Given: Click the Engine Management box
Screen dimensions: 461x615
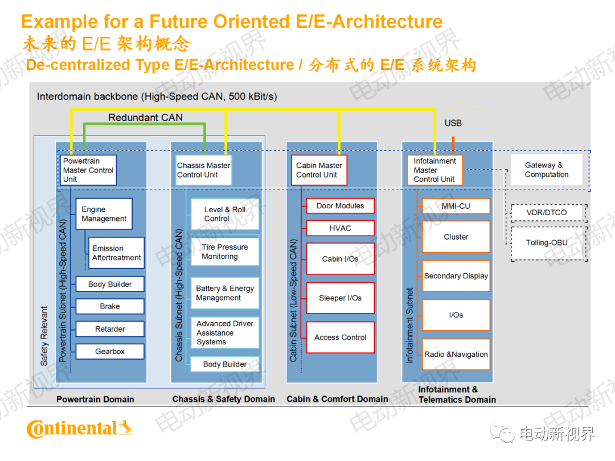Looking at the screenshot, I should [104, 214].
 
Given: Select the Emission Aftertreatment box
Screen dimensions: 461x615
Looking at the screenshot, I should [116, 253].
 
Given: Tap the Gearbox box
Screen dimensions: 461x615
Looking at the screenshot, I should [110, 352].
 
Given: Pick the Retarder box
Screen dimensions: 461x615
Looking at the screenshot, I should [110, 329].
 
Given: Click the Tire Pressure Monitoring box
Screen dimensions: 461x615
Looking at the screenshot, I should [224, 252].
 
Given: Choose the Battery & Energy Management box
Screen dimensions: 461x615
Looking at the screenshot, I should [224, 293].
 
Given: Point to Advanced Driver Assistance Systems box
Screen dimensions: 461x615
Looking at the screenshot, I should [224, 333].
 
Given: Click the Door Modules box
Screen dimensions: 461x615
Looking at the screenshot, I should [341, 206].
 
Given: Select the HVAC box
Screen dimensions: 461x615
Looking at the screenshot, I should [341, 228].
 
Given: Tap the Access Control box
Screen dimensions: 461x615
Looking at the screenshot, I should [341, 337].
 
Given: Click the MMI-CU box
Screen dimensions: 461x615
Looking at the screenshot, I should [456, 206].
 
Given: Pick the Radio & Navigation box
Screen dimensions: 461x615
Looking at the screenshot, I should [456, 355].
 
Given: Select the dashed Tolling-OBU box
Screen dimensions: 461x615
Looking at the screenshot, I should [547, 243].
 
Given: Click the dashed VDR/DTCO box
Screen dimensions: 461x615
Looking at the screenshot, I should [547, 213].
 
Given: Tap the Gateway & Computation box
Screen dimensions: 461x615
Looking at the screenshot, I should [547, 170].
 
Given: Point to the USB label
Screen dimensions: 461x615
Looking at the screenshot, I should [453, 123].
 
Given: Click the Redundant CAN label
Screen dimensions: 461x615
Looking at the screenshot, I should [146, 118].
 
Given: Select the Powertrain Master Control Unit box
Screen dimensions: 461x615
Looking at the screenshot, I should [88, 170].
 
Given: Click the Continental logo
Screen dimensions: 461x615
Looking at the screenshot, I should [79, 429].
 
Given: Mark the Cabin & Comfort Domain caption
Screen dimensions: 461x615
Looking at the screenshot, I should [337, 399].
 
